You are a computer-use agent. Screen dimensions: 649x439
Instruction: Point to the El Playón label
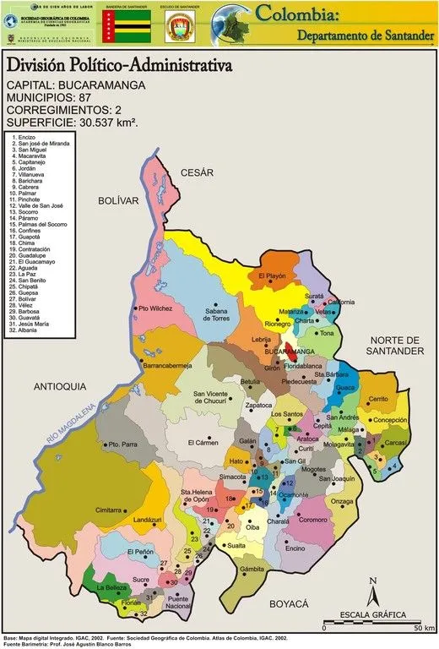point(274,276)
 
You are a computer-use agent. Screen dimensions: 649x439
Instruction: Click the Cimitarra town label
point(109,510)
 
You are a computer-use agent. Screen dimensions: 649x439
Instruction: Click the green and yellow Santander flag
point(125,27)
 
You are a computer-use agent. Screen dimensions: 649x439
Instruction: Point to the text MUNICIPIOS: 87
point(52,97)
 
